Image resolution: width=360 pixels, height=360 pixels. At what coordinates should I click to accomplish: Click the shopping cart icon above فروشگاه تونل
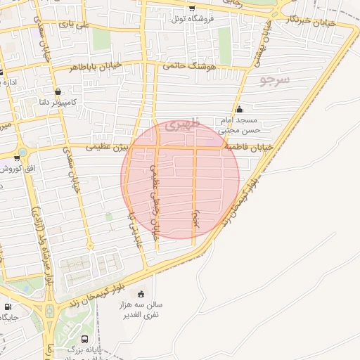[191, 8]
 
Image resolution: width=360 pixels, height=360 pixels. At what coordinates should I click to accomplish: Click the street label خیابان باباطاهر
[95, 66]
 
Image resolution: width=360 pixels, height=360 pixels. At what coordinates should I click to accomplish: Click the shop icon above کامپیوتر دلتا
[58, 91]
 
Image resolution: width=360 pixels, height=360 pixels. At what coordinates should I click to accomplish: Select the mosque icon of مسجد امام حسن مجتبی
[240, 109]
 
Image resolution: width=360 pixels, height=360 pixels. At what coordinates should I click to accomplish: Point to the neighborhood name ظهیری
[186, 124]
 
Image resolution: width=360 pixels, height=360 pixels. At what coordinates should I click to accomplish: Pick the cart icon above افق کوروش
[17, 157]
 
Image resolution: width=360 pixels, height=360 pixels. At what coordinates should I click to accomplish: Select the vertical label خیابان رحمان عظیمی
[156, 200]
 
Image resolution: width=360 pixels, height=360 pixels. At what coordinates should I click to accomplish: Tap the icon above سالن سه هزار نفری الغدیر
[141, 294]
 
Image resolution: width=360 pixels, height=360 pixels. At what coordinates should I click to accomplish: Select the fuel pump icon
[8, 307]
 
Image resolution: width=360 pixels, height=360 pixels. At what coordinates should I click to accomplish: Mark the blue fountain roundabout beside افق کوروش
[22, 151]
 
